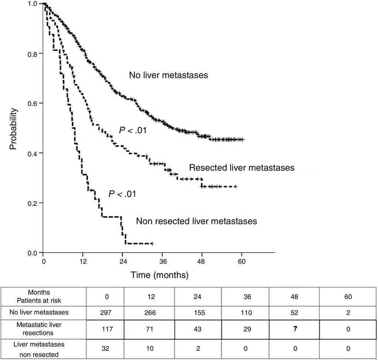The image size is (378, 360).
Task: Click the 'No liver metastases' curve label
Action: tap(168, 75)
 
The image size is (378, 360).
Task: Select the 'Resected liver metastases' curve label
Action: tap(242, 168)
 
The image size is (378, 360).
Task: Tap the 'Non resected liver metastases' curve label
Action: tap(196, 221)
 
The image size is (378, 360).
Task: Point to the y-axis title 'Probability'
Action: tap(13, 129)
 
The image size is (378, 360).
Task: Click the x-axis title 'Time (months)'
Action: tap(159, 275)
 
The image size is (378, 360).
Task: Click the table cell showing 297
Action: tap(105, 312)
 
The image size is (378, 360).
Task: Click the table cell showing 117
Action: tap(105, 329)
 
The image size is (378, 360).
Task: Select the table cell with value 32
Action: tap(105, 349)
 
